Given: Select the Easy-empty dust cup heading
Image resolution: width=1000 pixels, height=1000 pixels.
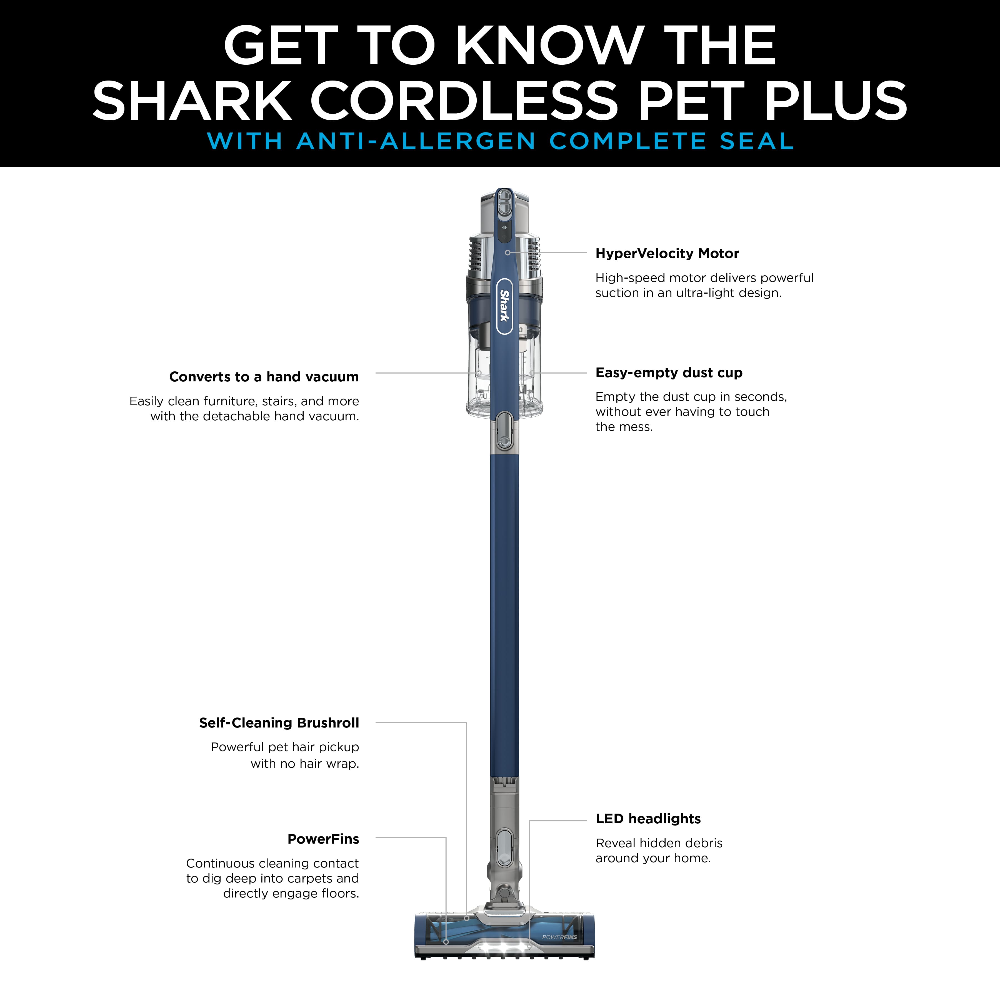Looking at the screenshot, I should click(x=669, y=373).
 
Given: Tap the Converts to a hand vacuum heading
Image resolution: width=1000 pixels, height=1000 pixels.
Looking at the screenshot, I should click(x=264, y=377).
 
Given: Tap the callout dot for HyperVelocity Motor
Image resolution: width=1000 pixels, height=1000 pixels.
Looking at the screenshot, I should click(x=508, y=252).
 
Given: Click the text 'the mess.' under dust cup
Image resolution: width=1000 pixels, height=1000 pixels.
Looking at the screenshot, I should click(x=624, y=427).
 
